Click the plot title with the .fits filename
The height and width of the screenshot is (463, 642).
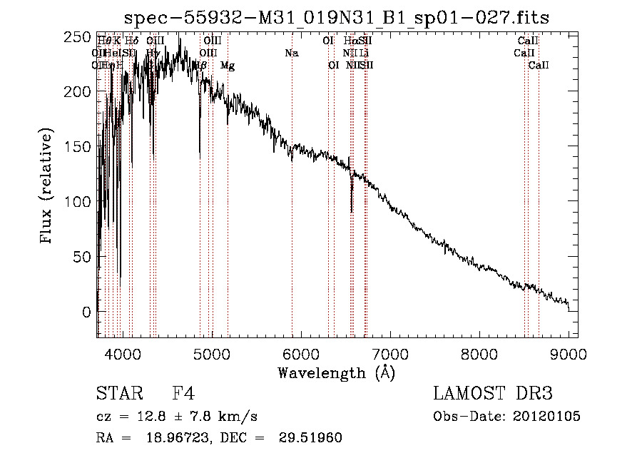point(336,17)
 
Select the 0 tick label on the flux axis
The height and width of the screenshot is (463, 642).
point(86,312)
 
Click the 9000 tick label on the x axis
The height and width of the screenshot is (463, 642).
point(569,353)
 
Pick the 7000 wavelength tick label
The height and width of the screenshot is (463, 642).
point(390,353)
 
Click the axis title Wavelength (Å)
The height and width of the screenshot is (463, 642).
point(336,372)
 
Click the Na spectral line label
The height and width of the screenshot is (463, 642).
point(291,53)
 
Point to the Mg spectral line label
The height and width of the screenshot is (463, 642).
point(228,66)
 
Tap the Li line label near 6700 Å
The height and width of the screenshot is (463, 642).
point(364,53)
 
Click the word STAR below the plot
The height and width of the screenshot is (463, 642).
point(119,394)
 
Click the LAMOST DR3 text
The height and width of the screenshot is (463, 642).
point(492,394)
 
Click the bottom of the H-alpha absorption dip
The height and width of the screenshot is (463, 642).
point(352,211)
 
